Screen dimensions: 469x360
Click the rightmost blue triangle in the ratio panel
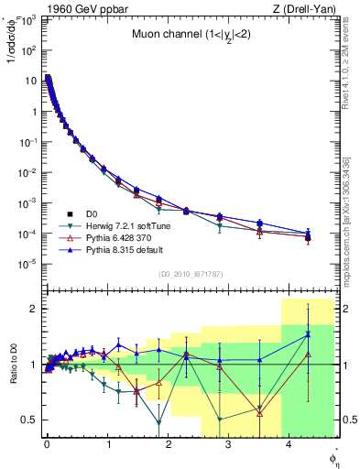tap(309, 334)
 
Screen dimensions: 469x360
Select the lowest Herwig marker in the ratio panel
tap(159, 423)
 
